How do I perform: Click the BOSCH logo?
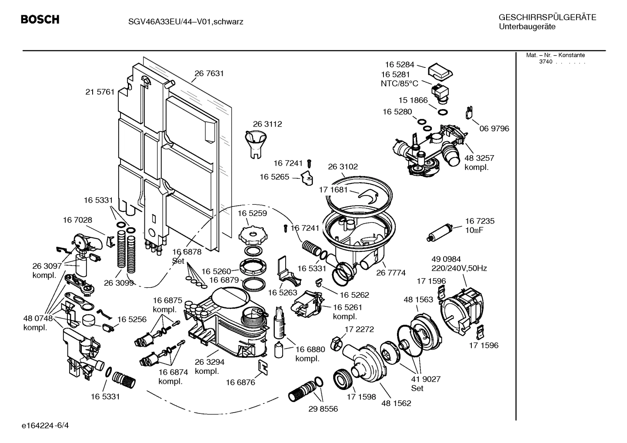(40, 20)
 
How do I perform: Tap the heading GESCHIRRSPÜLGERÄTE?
(547, 17)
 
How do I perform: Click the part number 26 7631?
(209, 73)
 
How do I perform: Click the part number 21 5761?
(100, 92)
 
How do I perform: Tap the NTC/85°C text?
(399, 83)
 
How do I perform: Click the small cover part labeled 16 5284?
(440, 72)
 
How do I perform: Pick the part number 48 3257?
(479, 158)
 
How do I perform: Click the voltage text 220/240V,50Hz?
(459, 268)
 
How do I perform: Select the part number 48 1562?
(396, 403)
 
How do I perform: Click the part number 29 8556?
(323, 409)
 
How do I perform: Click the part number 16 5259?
(252, 213)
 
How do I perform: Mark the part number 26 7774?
(391, 273)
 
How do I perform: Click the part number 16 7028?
(77, 220)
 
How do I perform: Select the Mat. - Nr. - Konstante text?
(555, 55)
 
